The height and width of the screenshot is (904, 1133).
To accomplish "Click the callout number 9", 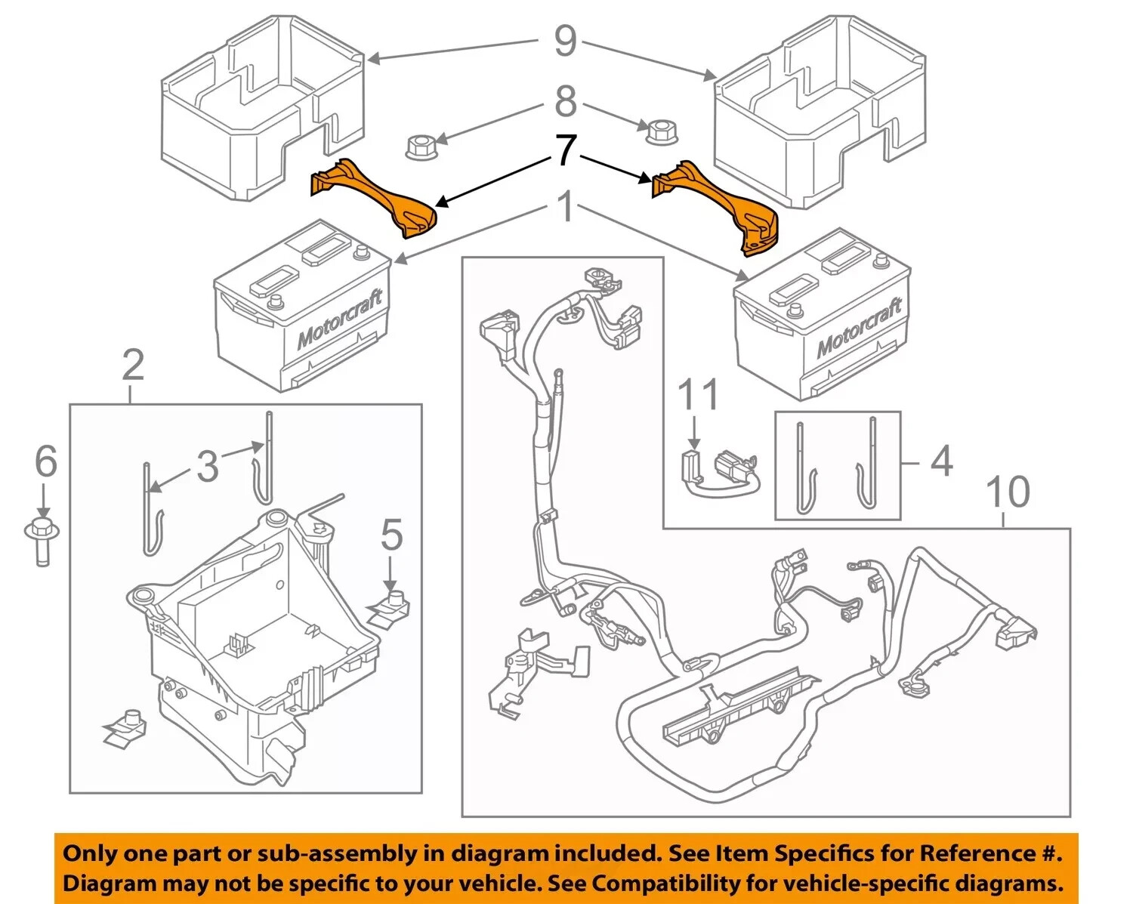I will pyautogui.click(x=565, y=41).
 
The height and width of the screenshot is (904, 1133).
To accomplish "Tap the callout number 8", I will pyautogui.click(x=565, y=101).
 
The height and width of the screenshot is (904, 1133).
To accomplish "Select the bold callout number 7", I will pyautogui.click(x=566, y=150).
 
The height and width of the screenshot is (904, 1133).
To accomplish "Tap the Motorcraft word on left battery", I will pyautogui.click(x=340, y=318).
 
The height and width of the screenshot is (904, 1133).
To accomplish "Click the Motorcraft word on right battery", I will pyautogui.click(x=859, y=326).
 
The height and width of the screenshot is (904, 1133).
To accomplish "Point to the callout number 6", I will pyautogui.click(x=46, y=461).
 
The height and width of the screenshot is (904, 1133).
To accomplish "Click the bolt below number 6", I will pyautogui.click(x=42, y=540).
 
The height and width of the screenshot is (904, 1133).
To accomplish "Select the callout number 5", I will pyautogui.click(x=391, y=536).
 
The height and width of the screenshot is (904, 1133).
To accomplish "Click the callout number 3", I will pyautogui.click(x=207, y=466).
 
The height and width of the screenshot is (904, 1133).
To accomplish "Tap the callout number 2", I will pyautogui.click(x=132, y=366).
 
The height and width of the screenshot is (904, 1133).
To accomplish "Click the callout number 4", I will pyautogui.click(x=941, y=461).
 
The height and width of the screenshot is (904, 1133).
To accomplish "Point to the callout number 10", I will pyautogui.click(x=1008, y=492).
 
